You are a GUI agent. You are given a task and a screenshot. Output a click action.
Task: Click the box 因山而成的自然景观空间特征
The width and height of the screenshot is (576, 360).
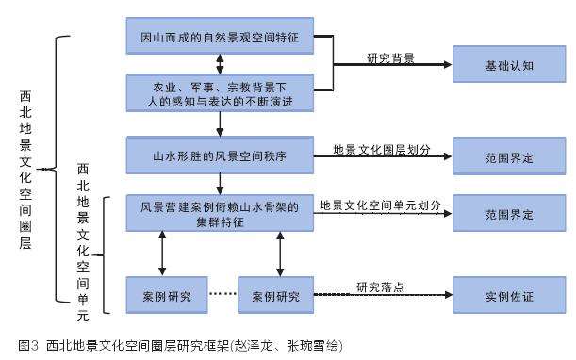(x=220, y=36)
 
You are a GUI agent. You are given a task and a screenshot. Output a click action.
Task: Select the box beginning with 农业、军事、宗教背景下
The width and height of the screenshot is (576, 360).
(x=220, y=94)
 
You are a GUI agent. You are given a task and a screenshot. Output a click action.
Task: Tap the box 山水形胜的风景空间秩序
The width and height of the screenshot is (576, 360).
(x=220, y=154)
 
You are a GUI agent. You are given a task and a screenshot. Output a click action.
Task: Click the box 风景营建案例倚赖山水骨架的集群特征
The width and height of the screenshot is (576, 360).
(x=220, y=212)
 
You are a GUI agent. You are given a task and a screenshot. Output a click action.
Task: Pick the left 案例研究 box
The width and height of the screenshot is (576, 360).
(x=165, y=295)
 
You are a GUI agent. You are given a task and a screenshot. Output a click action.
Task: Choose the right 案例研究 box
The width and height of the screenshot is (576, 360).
(x=276, y=295)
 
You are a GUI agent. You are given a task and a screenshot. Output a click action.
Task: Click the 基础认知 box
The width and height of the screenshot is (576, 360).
(x=509, y=66)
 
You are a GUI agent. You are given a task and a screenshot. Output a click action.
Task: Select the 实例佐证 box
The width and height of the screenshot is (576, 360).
(x=509, y=295)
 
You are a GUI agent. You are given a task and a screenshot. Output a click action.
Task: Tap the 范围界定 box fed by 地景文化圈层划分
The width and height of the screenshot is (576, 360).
(x=509, y=154)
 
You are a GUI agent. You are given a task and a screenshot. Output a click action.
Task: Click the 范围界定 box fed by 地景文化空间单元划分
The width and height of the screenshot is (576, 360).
(x=509, y=213)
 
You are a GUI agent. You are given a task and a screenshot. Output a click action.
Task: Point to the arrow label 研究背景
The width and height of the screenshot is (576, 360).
(x=391, y=57)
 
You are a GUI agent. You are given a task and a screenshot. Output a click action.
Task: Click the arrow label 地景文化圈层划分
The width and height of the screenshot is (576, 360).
(x=380, y=148)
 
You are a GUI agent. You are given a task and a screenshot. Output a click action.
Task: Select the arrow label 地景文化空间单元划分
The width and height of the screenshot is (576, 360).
(x=380, y=205)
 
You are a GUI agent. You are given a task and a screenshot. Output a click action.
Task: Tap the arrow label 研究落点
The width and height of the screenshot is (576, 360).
(x=381, y=286)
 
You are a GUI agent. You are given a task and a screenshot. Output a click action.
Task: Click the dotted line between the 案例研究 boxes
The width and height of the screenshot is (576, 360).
(x=221, y=295)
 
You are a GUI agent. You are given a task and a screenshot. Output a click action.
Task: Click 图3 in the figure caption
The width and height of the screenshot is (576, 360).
(x=26, y=346)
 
